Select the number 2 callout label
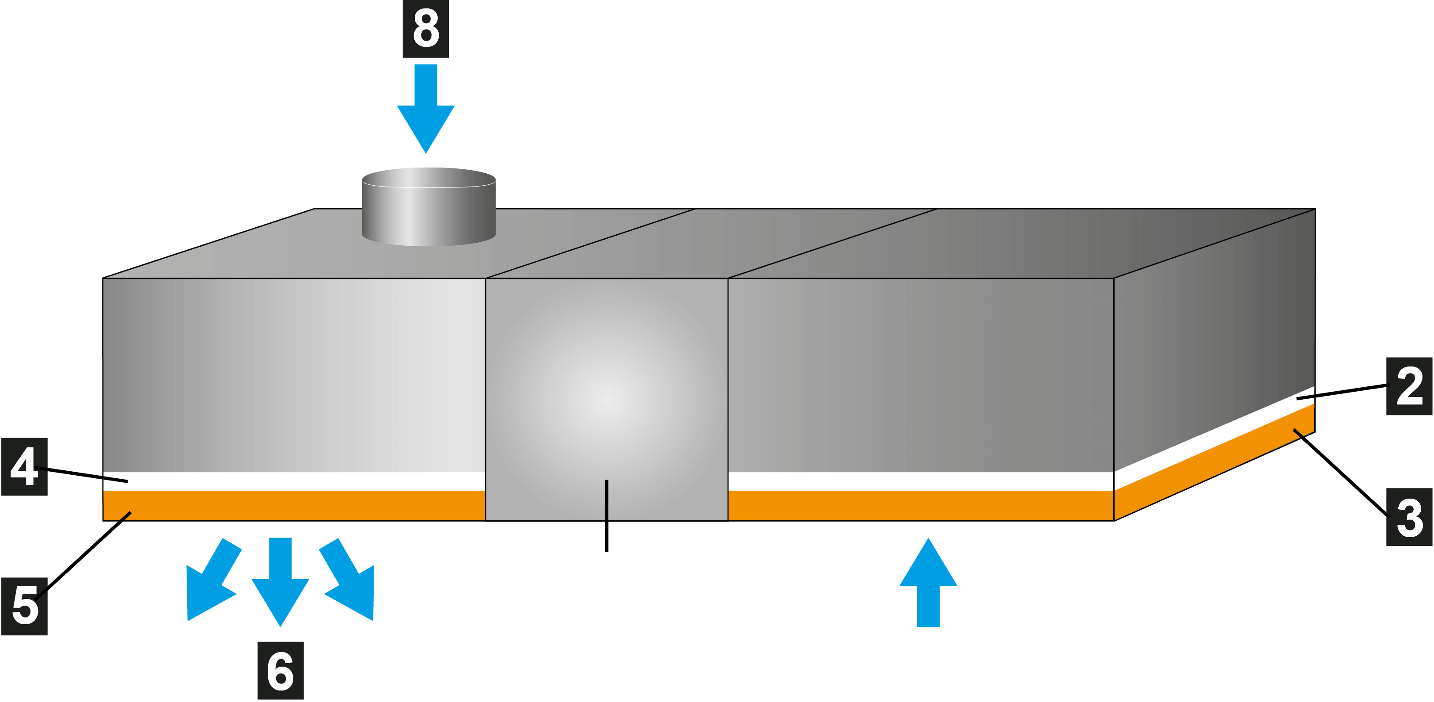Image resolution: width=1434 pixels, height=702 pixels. tap(1409, 386)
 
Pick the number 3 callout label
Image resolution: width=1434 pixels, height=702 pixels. tap(1409, 518)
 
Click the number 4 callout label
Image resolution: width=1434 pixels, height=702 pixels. tap(24, 467)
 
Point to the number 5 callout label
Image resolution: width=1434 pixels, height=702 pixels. tap(24, 606)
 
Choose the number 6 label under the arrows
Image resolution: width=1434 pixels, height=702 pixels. tap(281, 670)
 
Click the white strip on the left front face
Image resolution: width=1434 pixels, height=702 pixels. tap(295, 481)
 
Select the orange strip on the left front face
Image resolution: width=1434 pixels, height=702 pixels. tap(295, 505)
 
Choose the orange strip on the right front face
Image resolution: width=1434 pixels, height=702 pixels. tap(921, 505)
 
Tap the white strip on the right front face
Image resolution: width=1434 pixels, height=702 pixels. tap(921, 481)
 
